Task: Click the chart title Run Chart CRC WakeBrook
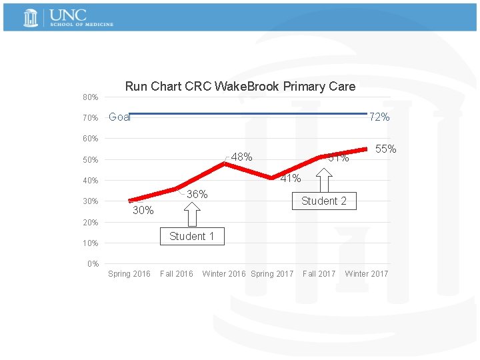coord(240,86)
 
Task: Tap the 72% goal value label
coord(379,117)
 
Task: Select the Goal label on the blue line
coord(119,117)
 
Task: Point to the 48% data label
coord(241,157)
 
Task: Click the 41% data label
coord(290,178)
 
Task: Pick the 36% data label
coord(197,195)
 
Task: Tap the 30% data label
coord(143,211)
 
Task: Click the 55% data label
coord(386,149)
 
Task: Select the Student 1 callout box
coord(191,236)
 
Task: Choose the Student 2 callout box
coord(324,201)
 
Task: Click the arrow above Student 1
coord(191,214)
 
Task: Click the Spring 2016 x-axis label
coord(129,274)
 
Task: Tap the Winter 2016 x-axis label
coord(223,274)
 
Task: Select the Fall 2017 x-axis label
coord(319,274)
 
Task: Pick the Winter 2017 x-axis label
coord(366,274)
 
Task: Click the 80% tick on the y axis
coord(91,97)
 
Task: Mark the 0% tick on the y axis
coord(93,264)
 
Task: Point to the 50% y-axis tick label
coord(91,160)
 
